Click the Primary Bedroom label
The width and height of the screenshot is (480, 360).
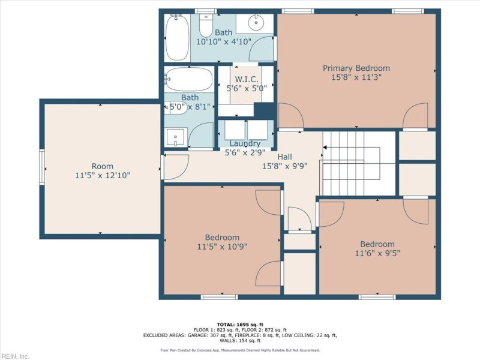pos(356,68)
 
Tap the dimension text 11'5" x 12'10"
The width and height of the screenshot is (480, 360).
pos(102,176)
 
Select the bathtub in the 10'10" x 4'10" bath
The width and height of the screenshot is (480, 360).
pos(178,37)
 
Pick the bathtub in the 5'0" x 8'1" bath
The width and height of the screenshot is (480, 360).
pos(188,79)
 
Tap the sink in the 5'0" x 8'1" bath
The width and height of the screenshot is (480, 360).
pos(175,137)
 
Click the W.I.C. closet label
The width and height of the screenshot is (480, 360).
pos(246,79)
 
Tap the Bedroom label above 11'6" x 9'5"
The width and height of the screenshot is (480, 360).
pos(377,244)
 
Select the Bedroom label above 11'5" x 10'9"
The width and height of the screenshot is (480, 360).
pos(222,237)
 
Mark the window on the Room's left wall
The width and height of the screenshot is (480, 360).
pos(42,166)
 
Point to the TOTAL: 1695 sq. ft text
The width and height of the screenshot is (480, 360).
pos(239,324)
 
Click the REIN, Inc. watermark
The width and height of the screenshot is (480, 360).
pos(15,356)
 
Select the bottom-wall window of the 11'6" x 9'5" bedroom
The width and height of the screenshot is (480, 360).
pos(377,297)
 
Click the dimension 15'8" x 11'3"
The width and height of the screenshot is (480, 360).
pos(356,77)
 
